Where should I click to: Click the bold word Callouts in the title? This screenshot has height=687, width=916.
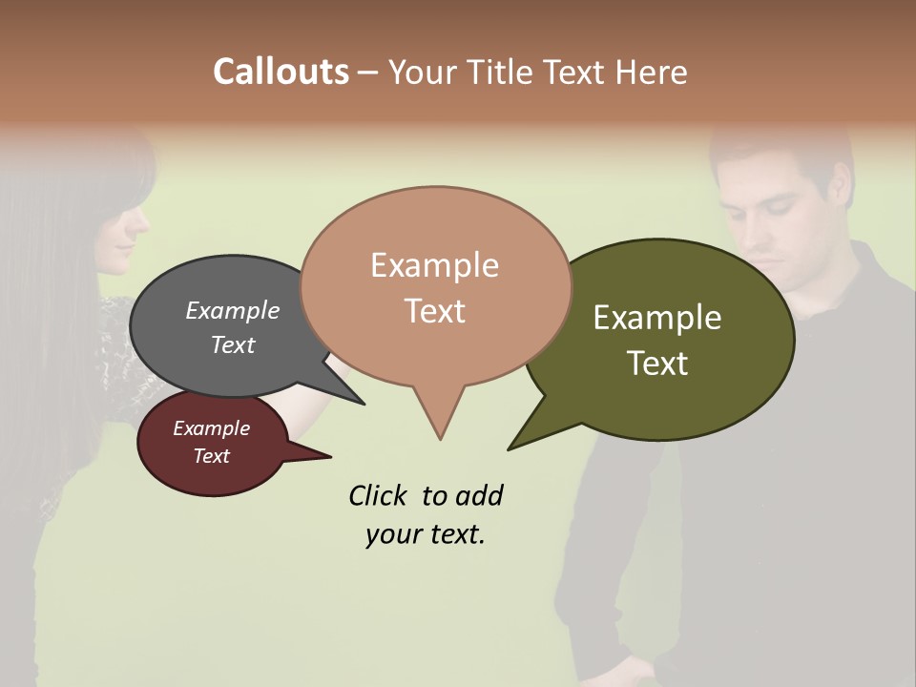281,72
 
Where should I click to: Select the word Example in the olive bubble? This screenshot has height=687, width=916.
657,318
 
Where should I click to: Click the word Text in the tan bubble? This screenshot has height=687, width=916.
435,311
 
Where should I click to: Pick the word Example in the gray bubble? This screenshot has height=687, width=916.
232,310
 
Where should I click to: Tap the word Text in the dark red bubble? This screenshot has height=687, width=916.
211,456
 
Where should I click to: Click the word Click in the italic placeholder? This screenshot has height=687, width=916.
378,495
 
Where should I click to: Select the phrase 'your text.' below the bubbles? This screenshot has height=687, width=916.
425,534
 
